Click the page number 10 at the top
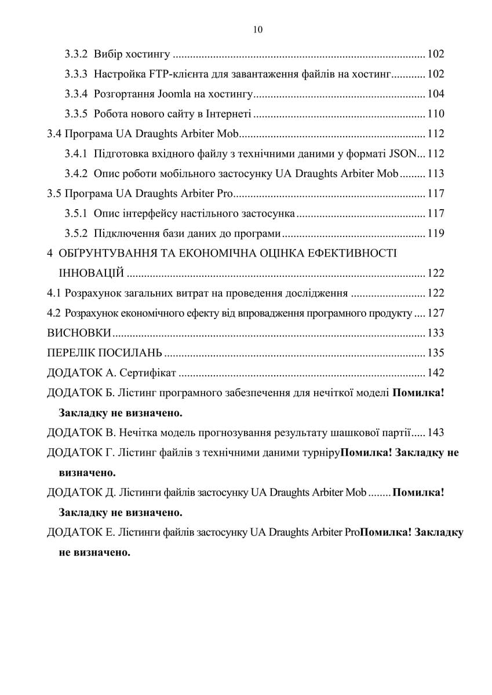(x=258, y=30)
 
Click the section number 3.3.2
(x=76, y=54)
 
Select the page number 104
(x=436, y=94)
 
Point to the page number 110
(x=436, y=114)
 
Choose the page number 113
(x=436, y=173)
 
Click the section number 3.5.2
(x=76, y=233)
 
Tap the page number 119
(x=436, y=233)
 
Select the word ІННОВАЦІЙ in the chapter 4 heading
(x=91, y=273)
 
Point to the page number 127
(x=436, y=313)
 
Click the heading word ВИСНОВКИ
(x=79, y=333)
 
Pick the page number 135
(x=436, y=353)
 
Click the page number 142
(x=436, y=372)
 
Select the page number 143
(x=436, y=432)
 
